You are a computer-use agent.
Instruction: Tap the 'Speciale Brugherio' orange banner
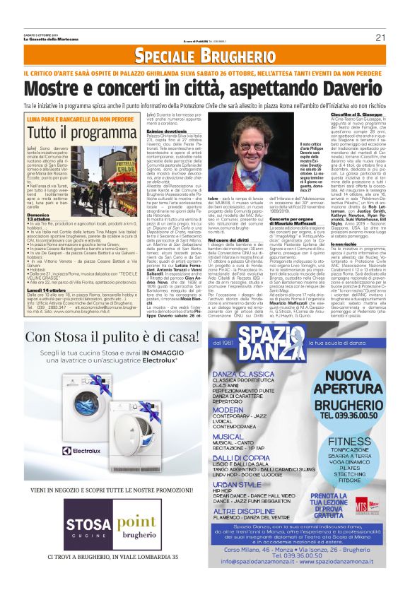(x=204, y=57)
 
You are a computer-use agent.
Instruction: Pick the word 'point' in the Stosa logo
(x=137, y=522)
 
